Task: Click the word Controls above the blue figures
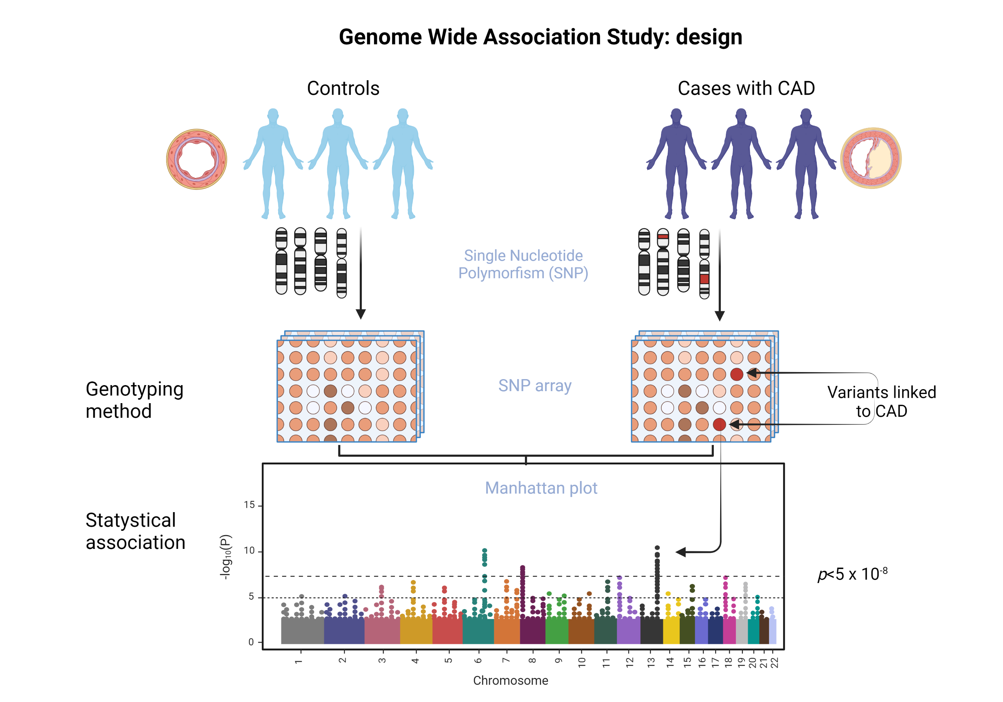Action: click(x=343, y=88)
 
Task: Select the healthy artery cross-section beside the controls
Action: click(x=197, y=159)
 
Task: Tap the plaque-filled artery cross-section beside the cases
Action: click(x=871, y=158)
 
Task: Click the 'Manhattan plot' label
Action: click(x=541, y=488)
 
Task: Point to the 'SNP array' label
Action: click(x=535, y=385)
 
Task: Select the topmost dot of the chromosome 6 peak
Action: click(x=484, y=551)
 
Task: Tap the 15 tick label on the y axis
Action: click(x=249, y=505)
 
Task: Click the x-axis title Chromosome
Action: click(x=510, y=681)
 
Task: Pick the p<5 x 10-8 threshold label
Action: click(x=852, y=574)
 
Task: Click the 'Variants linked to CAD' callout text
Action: click(x=882, y=401)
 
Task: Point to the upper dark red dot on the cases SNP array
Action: click(x=737, y=374)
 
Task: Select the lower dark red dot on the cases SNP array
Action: click(x=719, y=424)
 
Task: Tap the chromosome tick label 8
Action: click(x=532, y=661)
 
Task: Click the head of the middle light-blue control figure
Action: click(x=338, y=115)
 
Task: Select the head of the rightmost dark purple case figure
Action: click(x=806, y=115)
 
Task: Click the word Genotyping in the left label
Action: click(x=134, y=389)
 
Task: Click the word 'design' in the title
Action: click(x=709, y=37)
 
